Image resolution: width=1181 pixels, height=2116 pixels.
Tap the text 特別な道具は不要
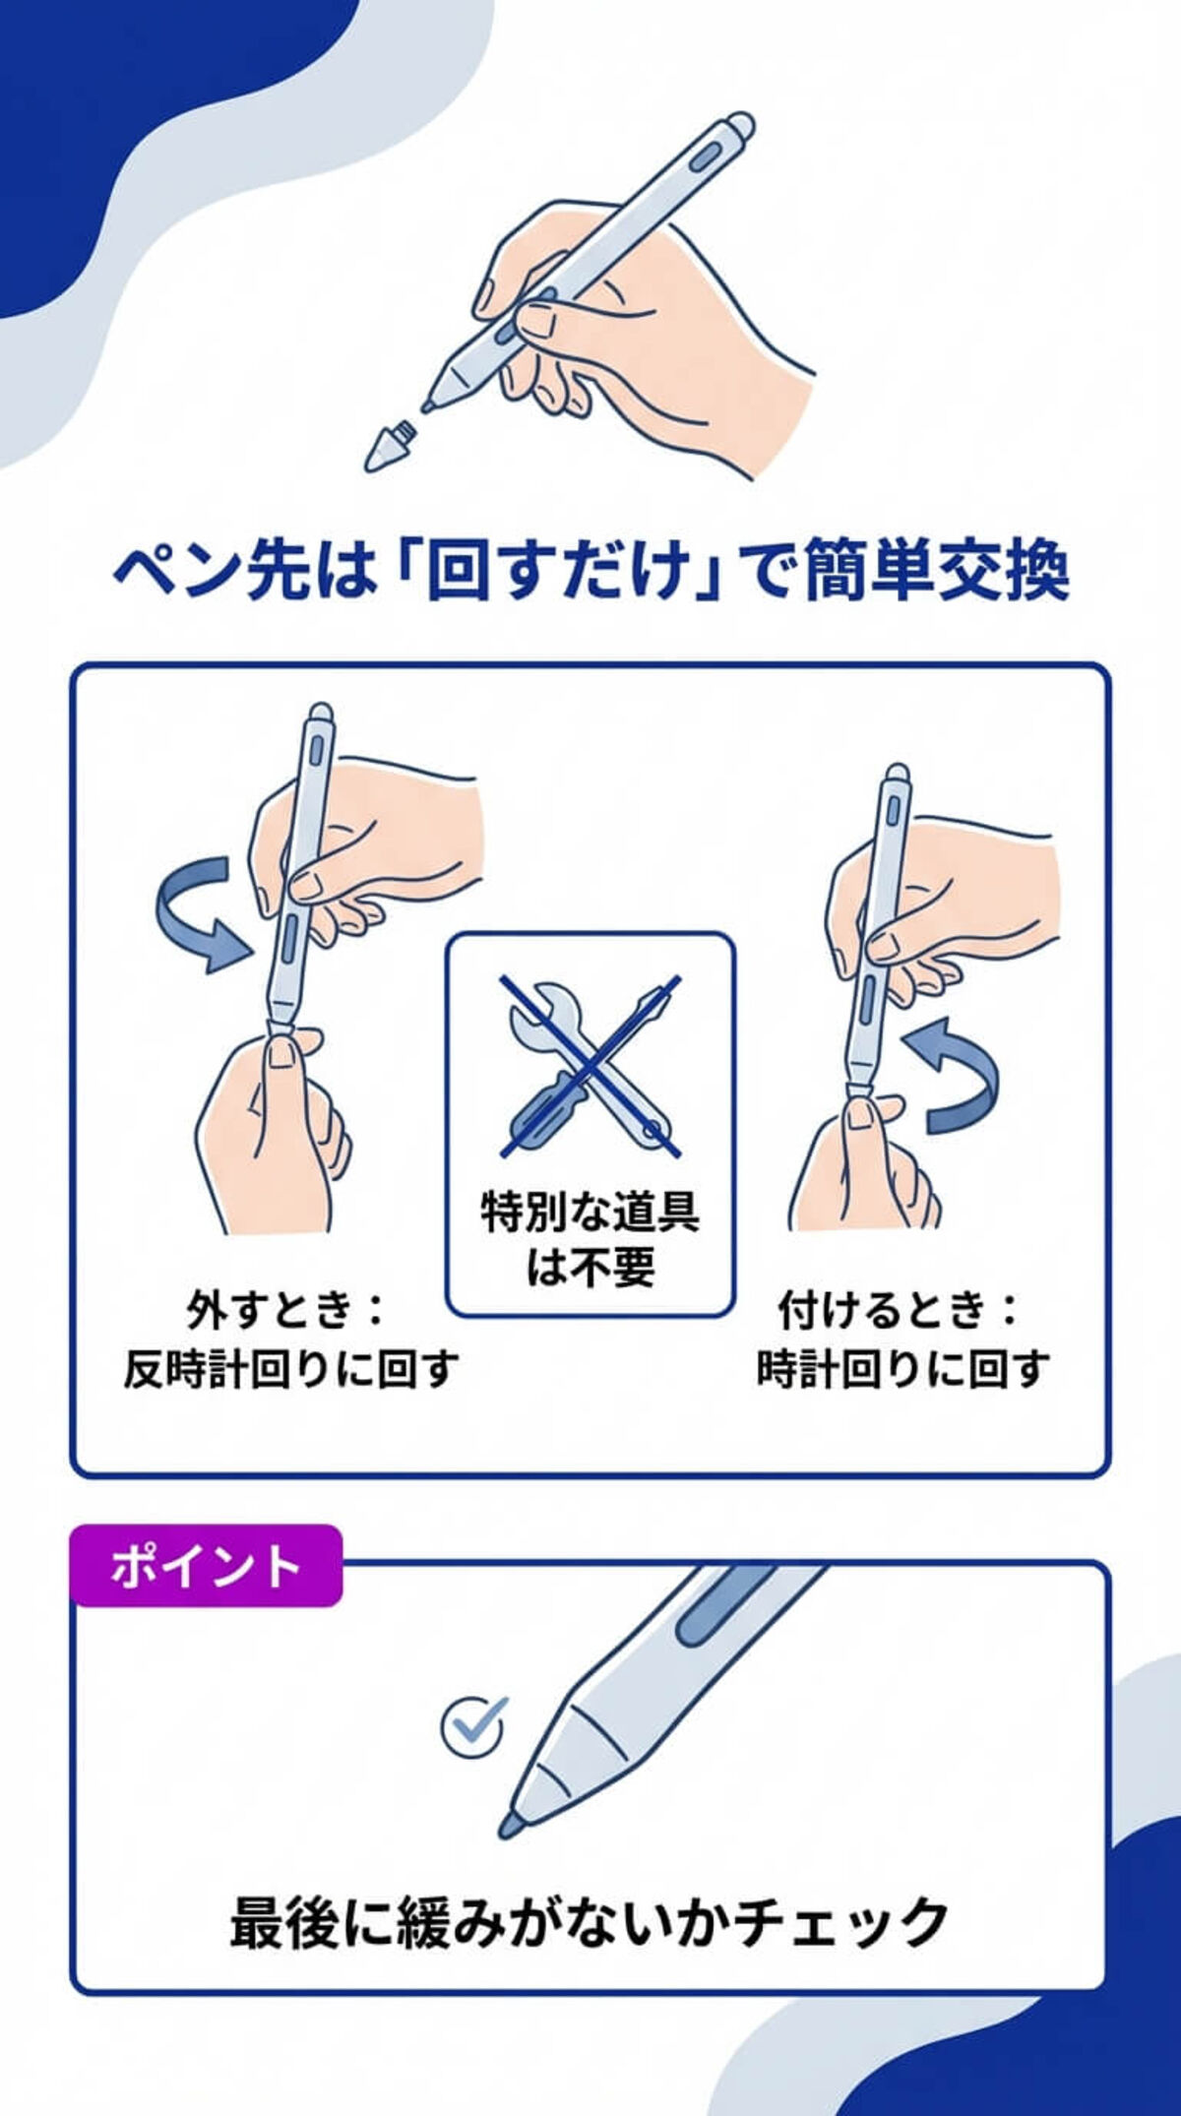[590, 1239]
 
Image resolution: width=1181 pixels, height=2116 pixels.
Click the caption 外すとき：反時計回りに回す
[291, 1338]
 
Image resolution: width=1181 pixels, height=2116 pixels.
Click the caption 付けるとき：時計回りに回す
[901, 1338]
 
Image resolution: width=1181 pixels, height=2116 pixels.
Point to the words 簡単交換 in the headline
[935, 572]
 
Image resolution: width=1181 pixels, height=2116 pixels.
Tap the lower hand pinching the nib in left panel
[271, 1132]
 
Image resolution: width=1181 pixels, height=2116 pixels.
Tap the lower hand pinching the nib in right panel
[866, 1161]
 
